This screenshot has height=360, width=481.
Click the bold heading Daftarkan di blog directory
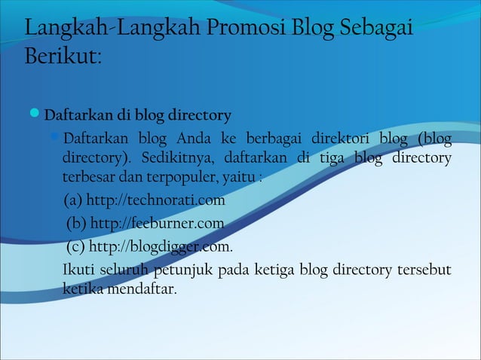coord(137,116)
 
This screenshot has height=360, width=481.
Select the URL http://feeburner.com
coord(157,224)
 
